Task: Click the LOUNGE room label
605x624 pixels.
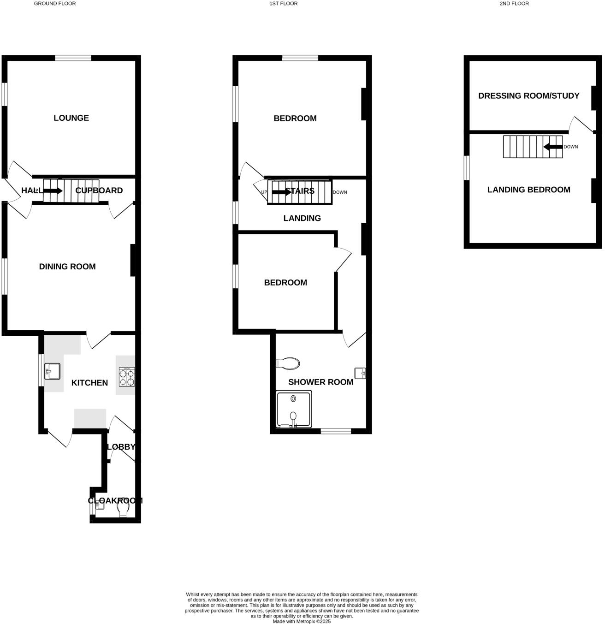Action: (71, 118)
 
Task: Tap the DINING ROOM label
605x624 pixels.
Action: (67, 267)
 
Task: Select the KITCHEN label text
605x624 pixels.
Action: (89, 383)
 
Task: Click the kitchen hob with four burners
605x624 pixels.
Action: (127, 376)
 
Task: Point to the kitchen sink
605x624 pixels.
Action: (52, 371)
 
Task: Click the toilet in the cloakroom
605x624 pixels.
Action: (123, 509)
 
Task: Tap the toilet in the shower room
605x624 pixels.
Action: (288, 363)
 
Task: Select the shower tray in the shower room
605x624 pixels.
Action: (293, 410)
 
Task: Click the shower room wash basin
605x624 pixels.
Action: (360, 373)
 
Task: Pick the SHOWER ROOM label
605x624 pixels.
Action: (320, 382)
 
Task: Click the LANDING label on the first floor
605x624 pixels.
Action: (302, 218)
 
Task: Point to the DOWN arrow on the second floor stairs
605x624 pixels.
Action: (553, 147)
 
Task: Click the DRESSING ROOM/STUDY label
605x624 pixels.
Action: (528, 96)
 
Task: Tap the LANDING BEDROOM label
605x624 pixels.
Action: (528, 190)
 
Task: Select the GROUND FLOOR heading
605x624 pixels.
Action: (55, 4)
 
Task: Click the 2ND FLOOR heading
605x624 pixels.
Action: (514, 4)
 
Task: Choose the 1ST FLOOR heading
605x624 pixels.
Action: (284, 4)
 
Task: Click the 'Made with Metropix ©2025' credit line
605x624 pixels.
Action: (302, 621)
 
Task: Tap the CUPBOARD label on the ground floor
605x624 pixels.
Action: (99, 190)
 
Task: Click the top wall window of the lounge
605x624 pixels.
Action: (73, 58)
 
